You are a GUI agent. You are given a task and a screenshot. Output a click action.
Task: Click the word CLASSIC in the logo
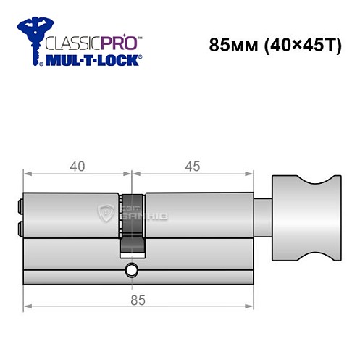69,43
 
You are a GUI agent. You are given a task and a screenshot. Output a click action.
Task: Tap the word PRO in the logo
109,43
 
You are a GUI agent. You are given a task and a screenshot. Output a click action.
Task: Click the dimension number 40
78,166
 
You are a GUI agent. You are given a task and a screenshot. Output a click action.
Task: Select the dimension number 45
193,166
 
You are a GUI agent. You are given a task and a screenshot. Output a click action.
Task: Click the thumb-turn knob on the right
304,218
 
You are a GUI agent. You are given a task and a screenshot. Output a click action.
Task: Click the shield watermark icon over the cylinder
104,213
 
